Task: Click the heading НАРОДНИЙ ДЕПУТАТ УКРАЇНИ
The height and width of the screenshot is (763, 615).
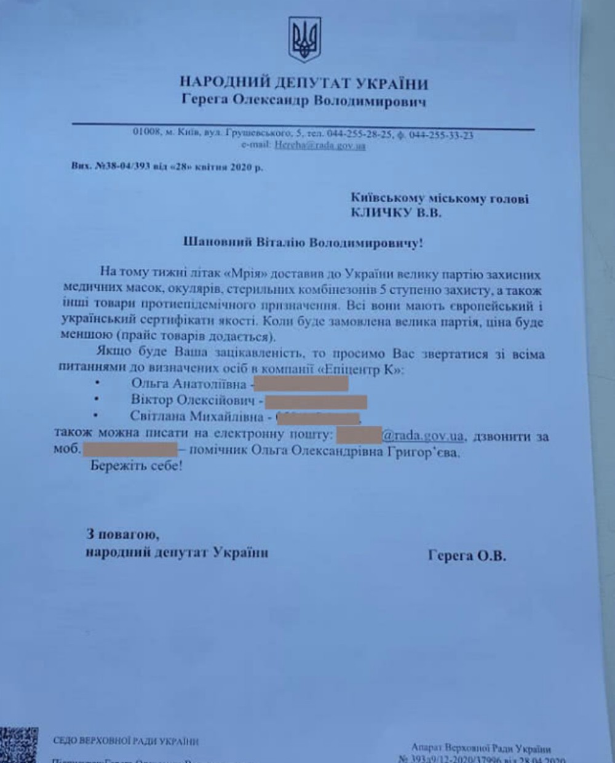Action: [x=304, y=83]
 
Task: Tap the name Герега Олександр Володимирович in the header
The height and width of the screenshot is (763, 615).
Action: [x=304, y=101]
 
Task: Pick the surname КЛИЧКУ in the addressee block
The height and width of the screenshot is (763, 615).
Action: [x=380, y=214]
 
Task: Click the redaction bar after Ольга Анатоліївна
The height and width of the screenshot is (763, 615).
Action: [x=301, y=385]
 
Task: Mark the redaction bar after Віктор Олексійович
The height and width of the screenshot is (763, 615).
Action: [x=315, y=401]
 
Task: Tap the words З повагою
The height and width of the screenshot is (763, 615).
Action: [x=123, y=535]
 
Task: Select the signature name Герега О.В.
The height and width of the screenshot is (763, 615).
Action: [x=467, y=556]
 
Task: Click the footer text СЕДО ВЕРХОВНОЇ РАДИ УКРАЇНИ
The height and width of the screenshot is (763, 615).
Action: [x=125, y=742]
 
